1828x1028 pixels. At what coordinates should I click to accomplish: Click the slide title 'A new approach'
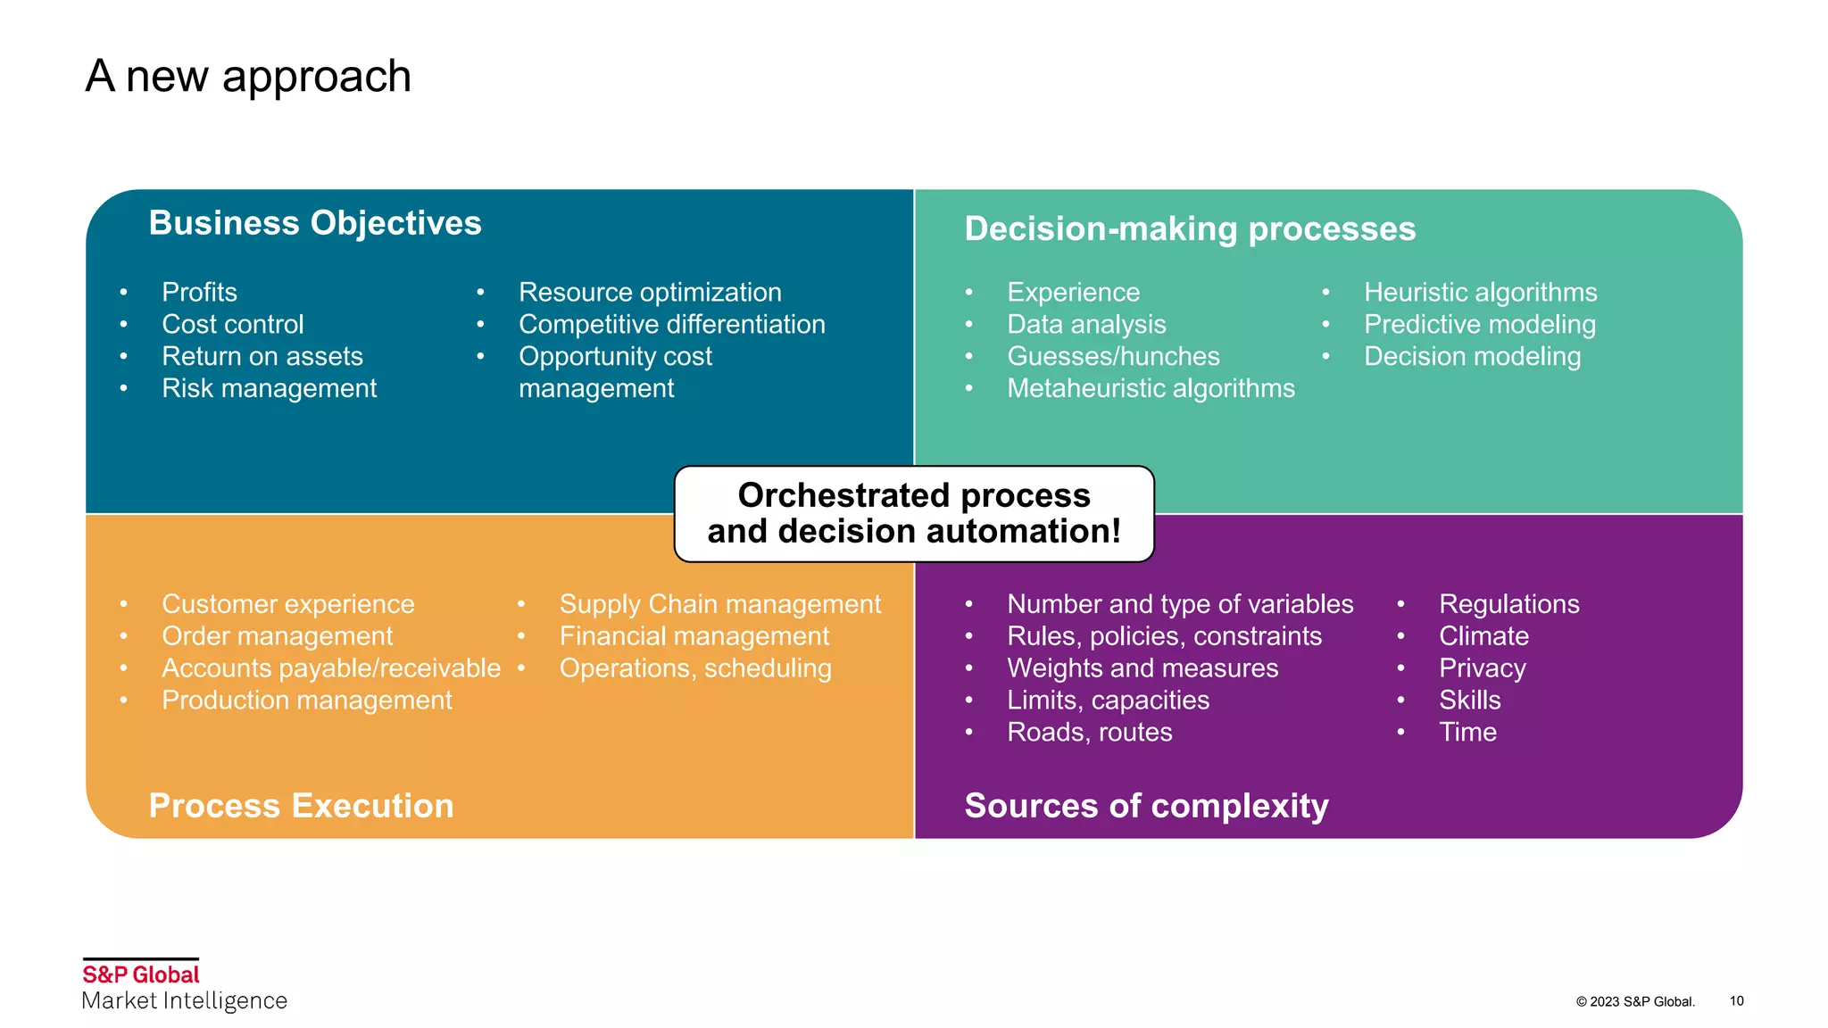[x=248, y=77]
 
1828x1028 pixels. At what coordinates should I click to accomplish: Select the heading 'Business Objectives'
[x=315, y=223]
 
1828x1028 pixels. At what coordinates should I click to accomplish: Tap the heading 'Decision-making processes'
[x=1190, y=229]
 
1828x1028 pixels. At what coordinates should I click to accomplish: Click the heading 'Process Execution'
[x=301, y=806]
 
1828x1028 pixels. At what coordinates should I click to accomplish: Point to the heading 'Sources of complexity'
[x=1146, y=806]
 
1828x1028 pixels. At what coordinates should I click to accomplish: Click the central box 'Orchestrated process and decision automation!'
[x=914, y=514]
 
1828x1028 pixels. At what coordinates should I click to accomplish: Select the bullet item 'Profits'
[x=199, y=293]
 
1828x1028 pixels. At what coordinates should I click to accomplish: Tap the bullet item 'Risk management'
[x=269, y=389]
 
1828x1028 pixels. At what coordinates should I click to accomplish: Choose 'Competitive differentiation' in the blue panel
[x=671, y=325]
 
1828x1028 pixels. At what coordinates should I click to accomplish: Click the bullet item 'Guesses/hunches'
[x=1113, y=357]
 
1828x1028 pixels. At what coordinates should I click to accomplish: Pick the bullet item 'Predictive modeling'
[x=1479, y=325]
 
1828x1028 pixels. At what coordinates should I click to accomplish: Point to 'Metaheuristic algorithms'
[x=1151, y=389]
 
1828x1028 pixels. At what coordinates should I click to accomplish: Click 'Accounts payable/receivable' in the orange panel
[x=331, y=668]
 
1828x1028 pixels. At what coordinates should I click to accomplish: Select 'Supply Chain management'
[x=719, y=604]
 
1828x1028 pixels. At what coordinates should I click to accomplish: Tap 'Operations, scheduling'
[x=695, y=668]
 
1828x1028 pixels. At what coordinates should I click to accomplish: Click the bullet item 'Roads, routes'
[x=1089, y=733]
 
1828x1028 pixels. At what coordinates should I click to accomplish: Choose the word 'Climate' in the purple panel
[x=1483, y=636]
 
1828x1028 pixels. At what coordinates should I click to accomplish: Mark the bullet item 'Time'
[x=1467, y=733]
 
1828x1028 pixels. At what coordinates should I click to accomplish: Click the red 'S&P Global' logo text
[x=141, y=974]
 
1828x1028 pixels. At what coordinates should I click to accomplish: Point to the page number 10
[x=1736, y=1001]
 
